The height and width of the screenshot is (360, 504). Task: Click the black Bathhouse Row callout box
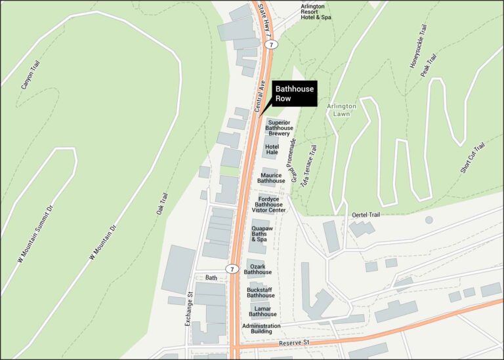295,94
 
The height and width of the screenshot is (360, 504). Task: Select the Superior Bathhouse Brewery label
279,128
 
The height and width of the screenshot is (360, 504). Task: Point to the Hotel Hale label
272,150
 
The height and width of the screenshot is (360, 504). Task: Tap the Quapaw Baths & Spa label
262,234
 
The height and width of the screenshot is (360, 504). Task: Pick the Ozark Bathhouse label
258,269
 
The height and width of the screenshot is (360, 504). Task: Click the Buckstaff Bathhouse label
261,292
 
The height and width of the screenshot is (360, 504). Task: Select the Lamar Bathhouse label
262,311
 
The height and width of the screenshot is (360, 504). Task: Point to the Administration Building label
261,329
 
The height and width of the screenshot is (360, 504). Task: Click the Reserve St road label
293,343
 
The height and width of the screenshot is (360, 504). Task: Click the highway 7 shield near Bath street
232,269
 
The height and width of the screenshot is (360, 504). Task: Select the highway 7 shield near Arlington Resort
270,44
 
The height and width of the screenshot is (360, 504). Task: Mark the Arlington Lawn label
342,110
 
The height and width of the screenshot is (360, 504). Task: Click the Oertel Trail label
366,215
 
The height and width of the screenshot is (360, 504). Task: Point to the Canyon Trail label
27,75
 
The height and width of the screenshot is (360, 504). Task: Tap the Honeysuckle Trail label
417,47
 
